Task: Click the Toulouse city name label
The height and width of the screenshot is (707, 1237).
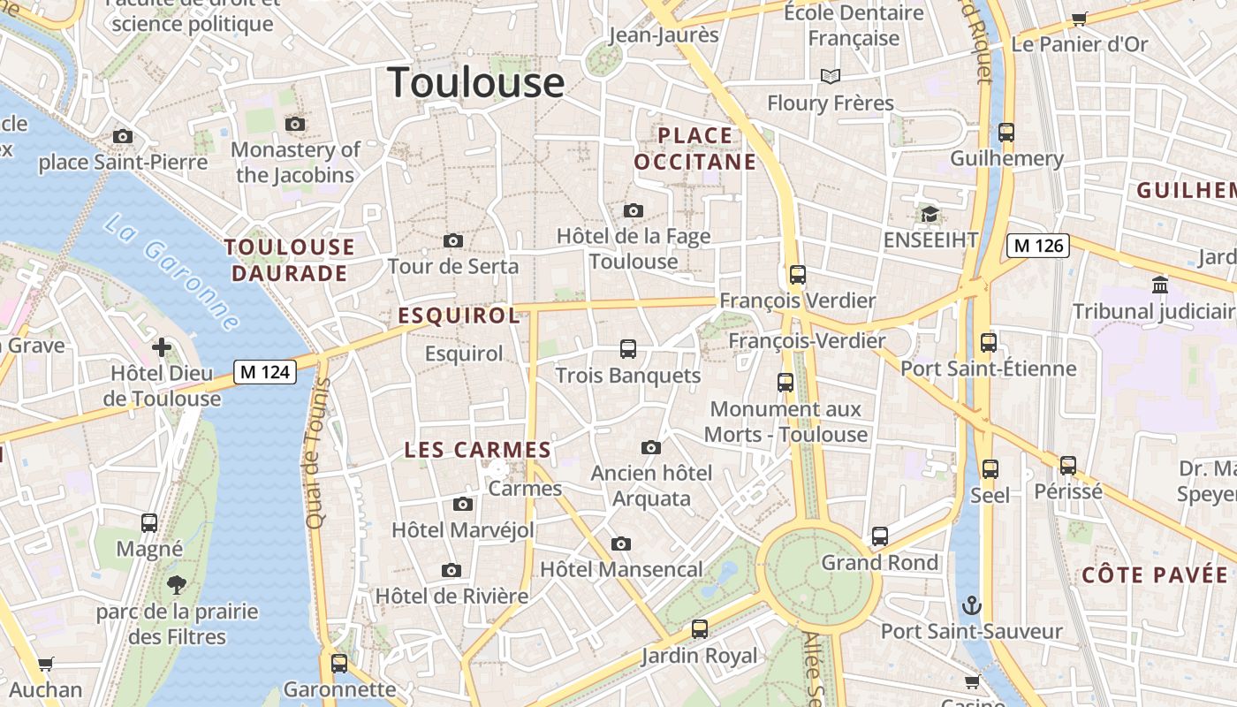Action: tap(476, 82)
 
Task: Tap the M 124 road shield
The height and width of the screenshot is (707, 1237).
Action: tap(264, 372)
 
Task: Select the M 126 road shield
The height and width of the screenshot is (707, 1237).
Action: tap(1038, 246)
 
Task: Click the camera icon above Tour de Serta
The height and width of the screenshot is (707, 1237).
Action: tap(453, 240)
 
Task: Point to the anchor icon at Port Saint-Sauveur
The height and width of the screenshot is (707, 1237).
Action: tap(972, 605)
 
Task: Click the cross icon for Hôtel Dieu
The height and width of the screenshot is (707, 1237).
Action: tap(162, 346)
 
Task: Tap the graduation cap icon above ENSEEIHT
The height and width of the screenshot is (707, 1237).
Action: tap(930, 214)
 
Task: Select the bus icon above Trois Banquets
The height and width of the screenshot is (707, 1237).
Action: tap(628, 349)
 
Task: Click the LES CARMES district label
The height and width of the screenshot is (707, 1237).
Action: tap(478, 450)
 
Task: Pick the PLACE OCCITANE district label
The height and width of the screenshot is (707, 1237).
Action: tap(695, 148)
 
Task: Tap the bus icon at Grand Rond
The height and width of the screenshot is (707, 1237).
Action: tap(880, 536)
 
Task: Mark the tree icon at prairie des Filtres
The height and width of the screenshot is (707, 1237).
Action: tap(177, 584)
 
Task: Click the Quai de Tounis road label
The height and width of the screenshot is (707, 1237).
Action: tap(317, 453)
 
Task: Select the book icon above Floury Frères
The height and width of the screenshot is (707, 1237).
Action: tap(831, 77)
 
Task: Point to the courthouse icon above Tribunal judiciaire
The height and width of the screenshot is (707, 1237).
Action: tap(1160, 285)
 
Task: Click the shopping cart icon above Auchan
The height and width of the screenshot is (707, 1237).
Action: tap(46, 664)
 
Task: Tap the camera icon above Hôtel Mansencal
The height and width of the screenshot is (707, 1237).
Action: tap(621, 544)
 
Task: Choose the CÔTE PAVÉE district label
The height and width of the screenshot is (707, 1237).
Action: tap(1156, 575)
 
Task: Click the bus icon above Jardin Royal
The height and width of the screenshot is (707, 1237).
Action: tap(700, 629)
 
